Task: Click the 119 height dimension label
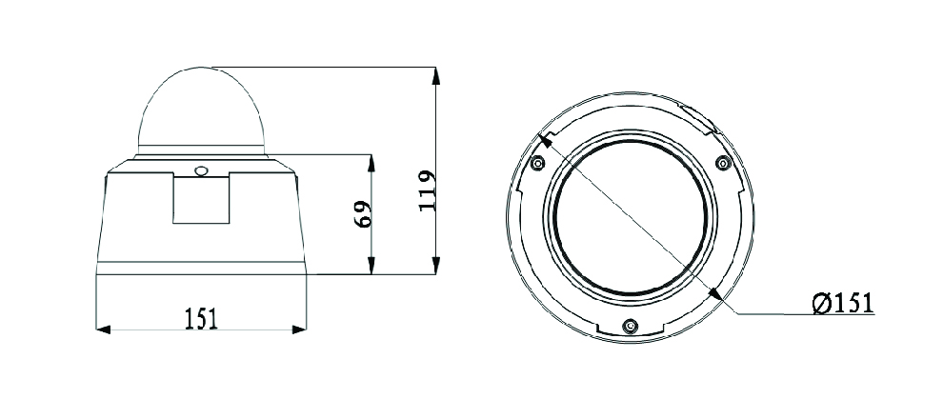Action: tap(427, 190)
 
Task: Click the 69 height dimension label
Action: tap(363, 214)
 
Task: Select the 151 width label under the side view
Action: tap(201, 319)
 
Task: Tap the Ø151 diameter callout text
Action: tap(842, 303)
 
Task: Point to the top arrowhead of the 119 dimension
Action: tap(435, 75)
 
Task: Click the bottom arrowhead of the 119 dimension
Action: tap(435, 266)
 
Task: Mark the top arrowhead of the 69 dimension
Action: tap(371, 163)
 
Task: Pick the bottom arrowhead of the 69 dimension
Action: tap(371, 266)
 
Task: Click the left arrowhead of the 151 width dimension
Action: tap(104, 329)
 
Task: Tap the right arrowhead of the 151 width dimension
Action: tap(299, 329)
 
